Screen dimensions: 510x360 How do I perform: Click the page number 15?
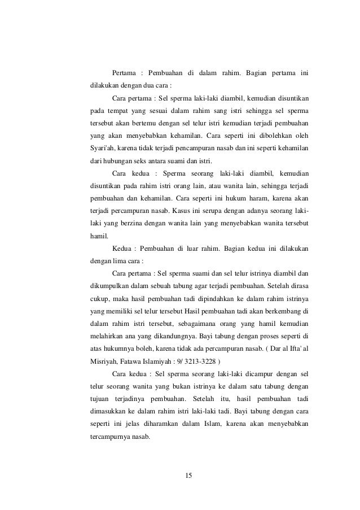click(x=188, y=475)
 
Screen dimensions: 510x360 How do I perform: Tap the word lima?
click(x=116, y=261)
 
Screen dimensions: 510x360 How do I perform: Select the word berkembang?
click(x=280, y=311)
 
